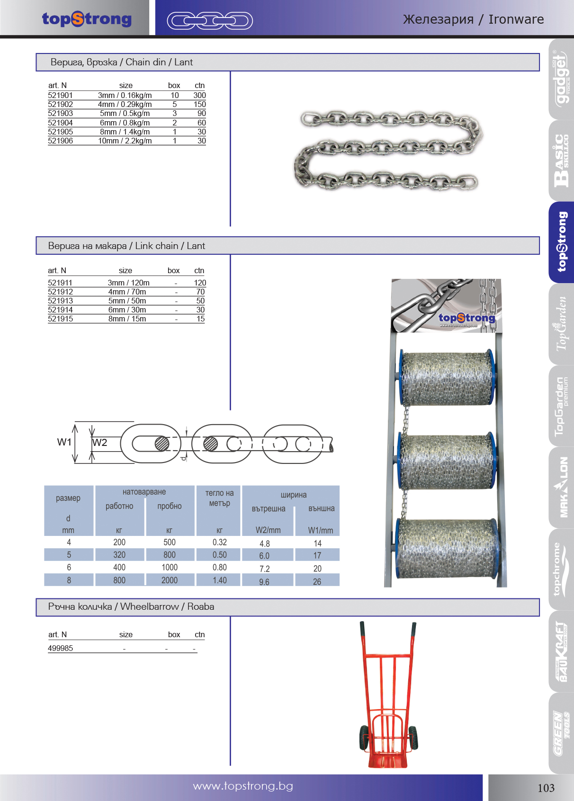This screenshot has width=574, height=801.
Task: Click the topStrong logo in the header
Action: click(x=87, y=19)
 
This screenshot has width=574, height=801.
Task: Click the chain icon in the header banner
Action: click(x=209, y=20)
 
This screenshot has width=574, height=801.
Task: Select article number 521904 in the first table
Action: click(x=60, y=123)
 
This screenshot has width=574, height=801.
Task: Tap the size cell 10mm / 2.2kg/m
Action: click(x=125, y=141)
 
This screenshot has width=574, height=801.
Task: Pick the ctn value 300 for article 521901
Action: click(x=199, y=95)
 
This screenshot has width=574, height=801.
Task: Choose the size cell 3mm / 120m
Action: click(x=128, y=283)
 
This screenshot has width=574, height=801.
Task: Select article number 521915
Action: click(x=60, y=319)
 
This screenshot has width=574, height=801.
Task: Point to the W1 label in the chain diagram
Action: click(x=64, y=442)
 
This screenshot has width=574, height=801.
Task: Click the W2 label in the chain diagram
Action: click(x=99, y=443)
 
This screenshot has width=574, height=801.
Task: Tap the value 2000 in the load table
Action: click(x=170, y=580)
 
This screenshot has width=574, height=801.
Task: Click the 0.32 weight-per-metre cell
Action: click(x=219, y=542)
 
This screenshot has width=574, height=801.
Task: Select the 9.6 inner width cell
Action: click(x=264, y=582)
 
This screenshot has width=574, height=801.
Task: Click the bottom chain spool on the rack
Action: click(x=447, y=548)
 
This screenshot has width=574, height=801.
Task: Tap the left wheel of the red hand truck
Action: click(x=364, y=739)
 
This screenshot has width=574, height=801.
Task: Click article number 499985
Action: click(x=60, y=648)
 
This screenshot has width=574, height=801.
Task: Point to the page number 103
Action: click(x=546, y=788)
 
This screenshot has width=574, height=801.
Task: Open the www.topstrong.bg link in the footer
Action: click(x=243, y=786)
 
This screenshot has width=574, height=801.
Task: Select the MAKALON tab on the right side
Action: click(x=561, y=487)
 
